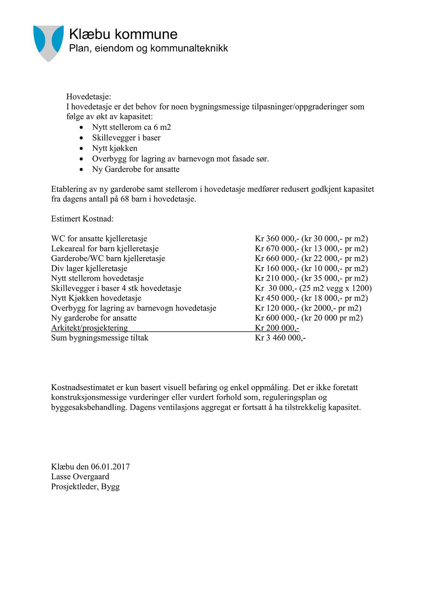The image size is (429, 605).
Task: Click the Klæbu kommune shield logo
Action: (x=48, y=43)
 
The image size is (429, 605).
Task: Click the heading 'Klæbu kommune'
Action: (x=123, y=34)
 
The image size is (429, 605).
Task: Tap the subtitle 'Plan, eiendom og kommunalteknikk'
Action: (x=148, y=48)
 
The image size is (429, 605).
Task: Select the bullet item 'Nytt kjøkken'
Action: (x=114, y=148)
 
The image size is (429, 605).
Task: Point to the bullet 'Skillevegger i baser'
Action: (x=126, y=138)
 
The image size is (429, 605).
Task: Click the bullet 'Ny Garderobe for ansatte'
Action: (x=136, y=169)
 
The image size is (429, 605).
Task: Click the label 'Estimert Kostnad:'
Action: (x=82, y=219)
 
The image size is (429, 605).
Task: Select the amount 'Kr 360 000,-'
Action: (x=277, y=239)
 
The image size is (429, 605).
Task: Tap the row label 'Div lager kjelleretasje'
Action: (x=89, y=268)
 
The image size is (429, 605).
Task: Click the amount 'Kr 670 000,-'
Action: (x=277, y=249)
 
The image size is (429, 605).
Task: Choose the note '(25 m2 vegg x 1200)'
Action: (x=335, y=288)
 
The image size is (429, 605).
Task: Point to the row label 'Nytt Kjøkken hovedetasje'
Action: (x=96, y=298)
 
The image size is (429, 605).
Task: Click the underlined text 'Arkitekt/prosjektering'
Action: (x=89, y=328)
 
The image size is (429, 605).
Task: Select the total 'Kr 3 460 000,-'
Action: (x=280, y=338)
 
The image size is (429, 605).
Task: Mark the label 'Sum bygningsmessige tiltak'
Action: (x=100, y=338)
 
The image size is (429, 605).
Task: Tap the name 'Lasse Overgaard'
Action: (x=80, y=477)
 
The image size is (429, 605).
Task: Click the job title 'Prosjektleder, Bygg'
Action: (x=85, y=487)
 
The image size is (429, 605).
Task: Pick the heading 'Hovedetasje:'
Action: (x=89, y=97)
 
